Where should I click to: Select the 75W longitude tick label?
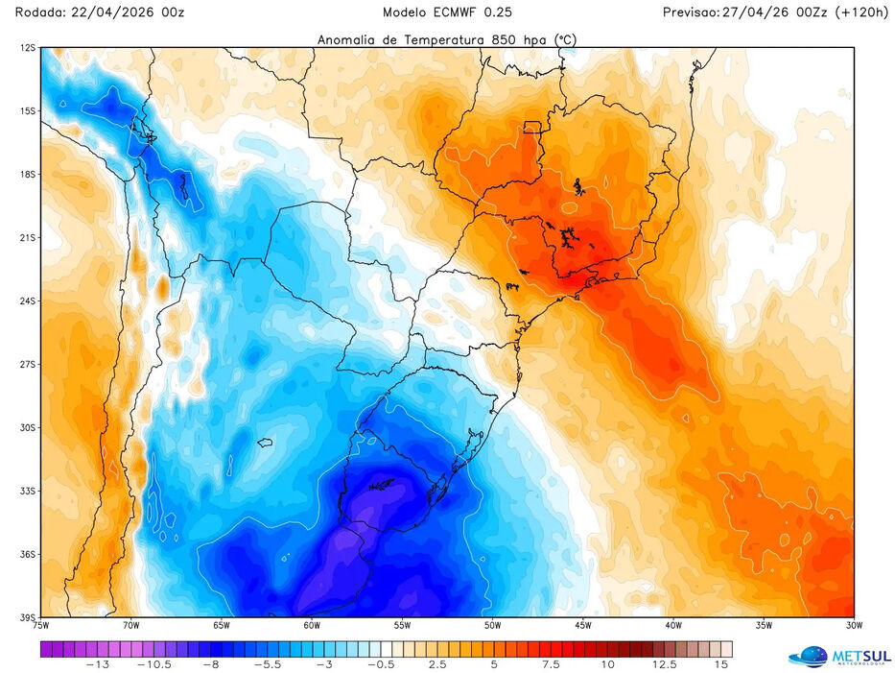coord(40,625)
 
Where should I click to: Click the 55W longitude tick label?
coord(402,625)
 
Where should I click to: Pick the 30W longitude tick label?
coord(854,625)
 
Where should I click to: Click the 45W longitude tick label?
coord(582,625)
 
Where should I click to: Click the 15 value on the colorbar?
coord(721,663)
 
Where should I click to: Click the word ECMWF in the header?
coord(459,12)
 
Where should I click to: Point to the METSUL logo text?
coord(860,656)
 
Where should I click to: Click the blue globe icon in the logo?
coord(808,657)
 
